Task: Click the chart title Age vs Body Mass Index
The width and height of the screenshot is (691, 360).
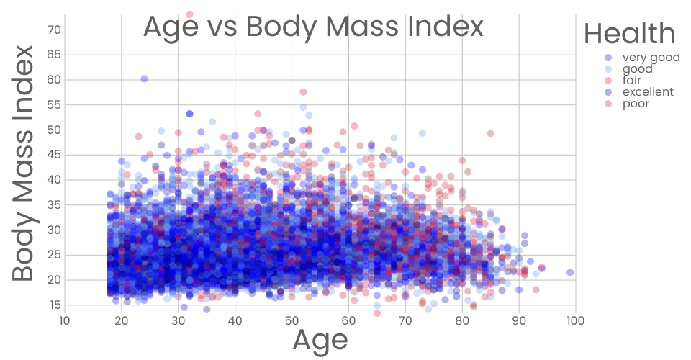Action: (313, 27)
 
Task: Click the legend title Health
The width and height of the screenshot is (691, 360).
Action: (629, 33)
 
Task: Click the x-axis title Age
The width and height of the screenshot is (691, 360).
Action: (320, 340)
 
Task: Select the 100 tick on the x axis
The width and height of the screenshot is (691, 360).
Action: (575, 320)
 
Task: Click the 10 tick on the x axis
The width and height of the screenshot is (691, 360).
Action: (64, 320)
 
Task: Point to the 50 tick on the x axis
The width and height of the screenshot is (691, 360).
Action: (292, 320)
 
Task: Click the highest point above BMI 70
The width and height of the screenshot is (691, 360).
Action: (189, 14)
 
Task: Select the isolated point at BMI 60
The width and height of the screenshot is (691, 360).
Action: (144, 78)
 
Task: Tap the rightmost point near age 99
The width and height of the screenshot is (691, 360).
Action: (570, 272)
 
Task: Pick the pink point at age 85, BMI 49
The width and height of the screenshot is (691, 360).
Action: (490, 133)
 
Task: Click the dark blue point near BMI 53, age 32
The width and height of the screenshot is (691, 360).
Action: (189, 114)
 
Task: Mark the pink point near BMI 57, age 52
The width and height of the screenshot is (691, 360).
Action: (303, 92)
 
